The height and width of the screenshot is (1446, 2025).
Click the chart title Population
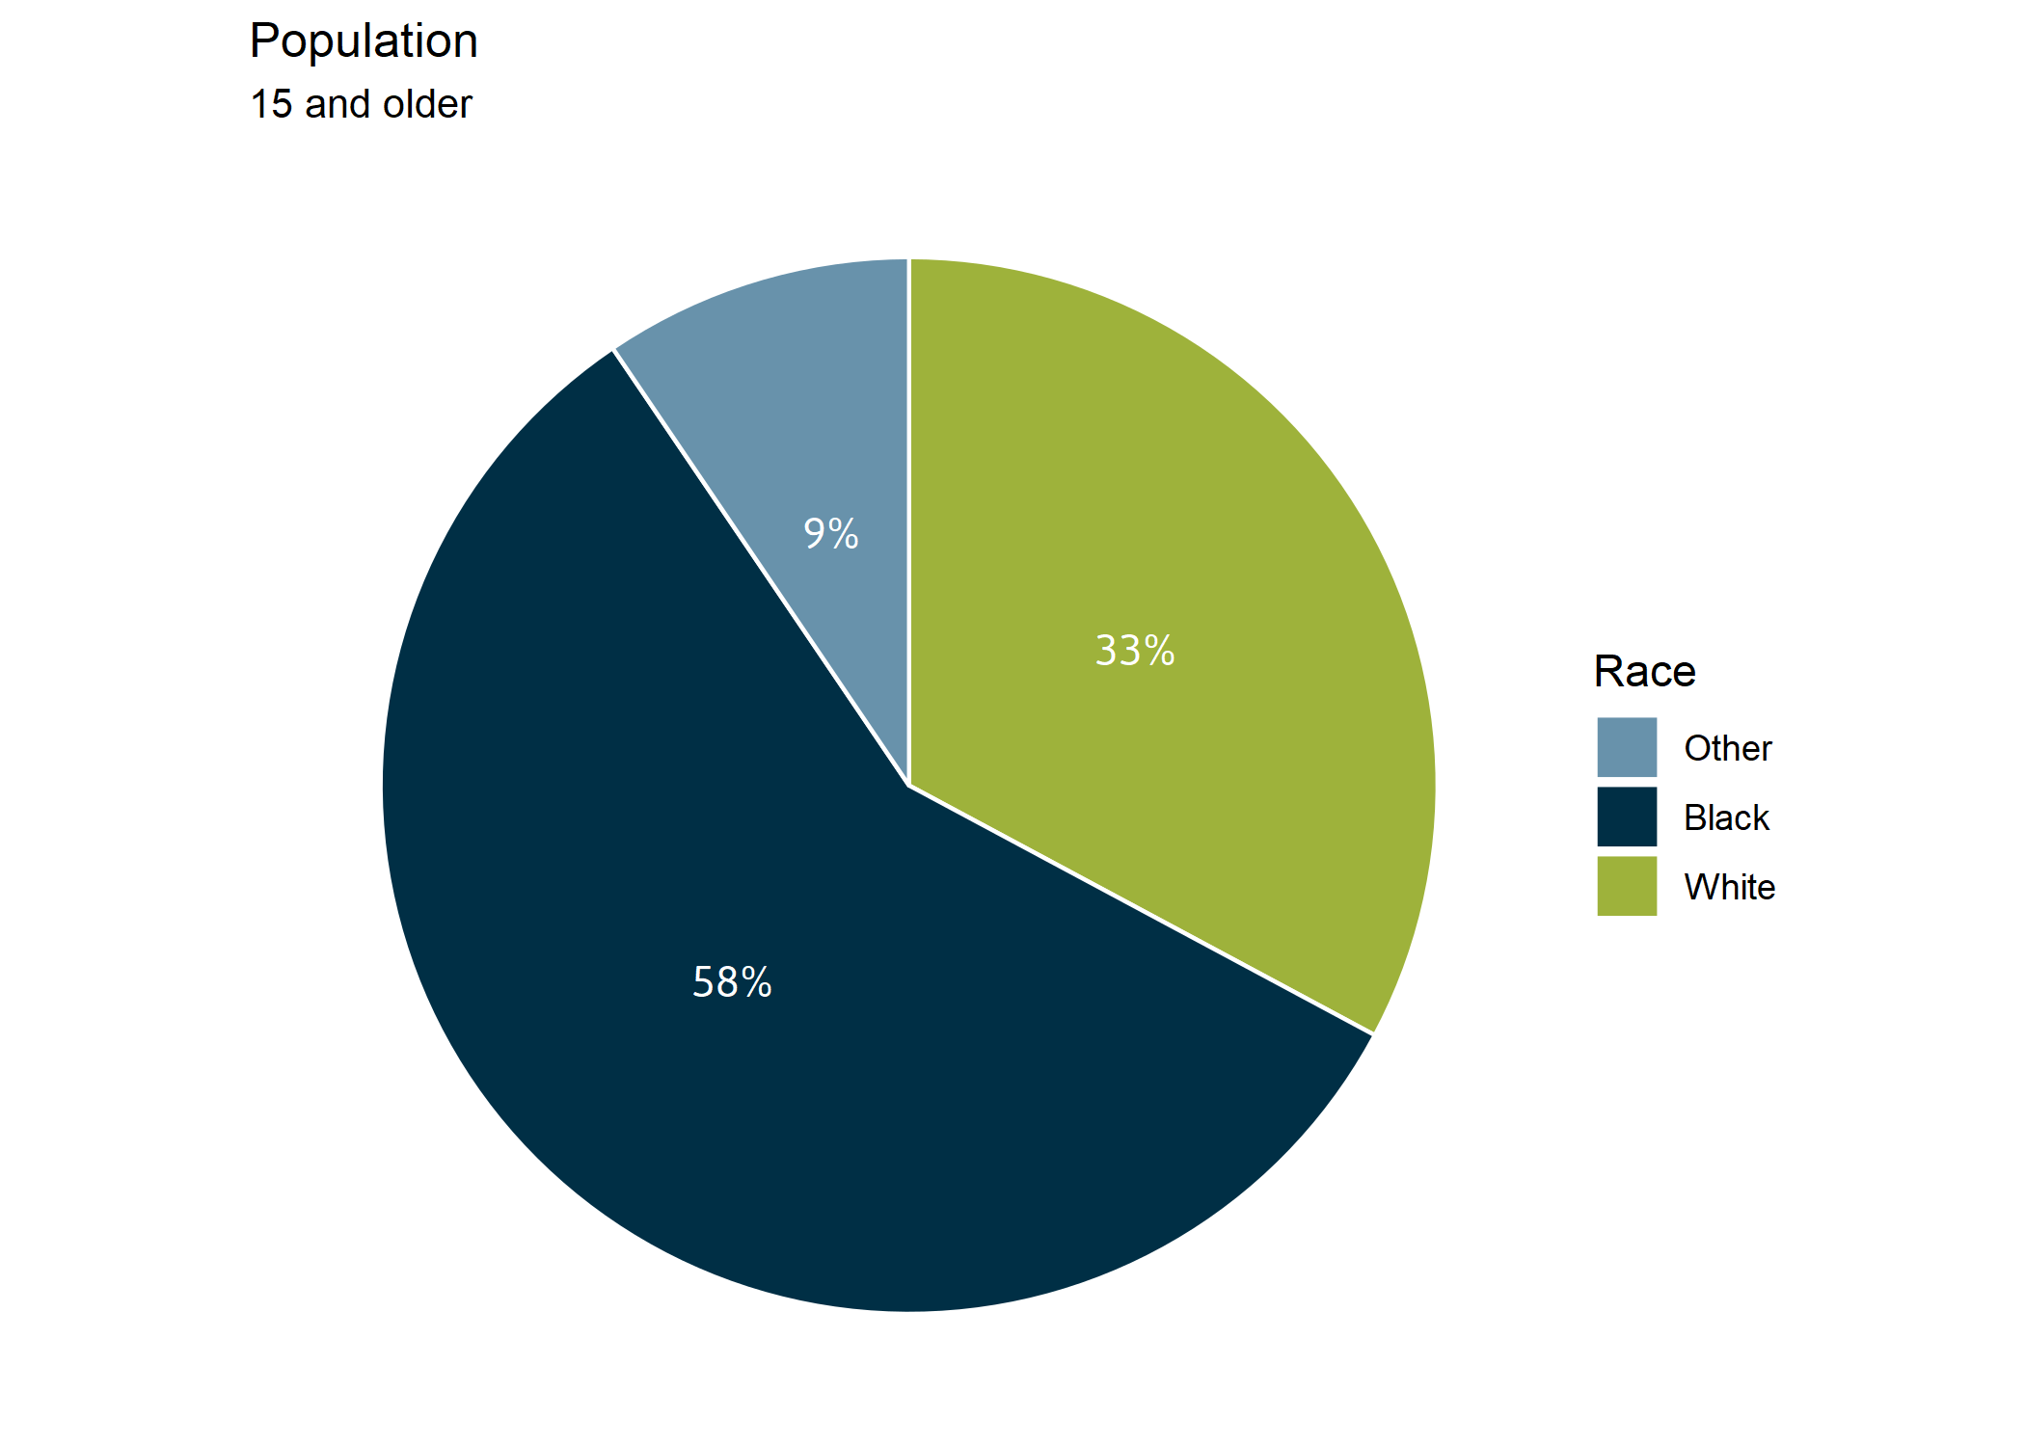tap(364, 41)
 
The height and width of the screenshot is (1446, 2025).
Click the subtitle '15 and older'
tap(361, 104)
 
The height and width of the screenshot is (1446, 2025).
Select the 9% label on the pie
tap(830, 533)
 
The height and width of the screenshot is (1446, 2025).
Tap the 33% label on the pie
tap(1135, 651)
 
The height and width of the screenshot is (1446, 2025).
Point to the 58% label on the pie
tap(732, 982)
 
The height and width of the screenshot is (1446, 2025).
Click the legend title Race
tap(1644, 671)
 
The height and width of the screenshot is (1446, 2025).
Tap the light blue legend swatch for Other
tap(1627, 747)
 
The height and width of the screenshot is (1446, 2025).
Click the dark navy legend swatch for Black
tap(1627, 817)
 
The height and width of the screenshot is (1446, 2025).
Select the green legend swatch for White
tap(1627, 886)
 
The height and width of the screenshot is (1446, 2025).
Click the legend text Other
tap(1727, 748)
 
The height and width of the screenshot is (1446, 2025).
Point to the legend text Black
tap(1726, 817)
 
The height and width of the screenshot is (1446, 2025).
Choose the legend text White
tap(1729, 887)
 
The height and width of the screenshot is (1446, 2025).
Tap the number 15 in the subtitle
tap(271, 104)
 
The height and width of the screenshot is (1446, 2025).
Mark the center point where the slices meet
tap(908, 786)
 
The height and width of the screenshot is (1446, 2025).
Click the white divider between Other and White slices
tap(908, 521)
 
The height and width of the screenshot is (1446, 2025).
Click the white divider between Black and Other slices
tap(762, 569)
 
